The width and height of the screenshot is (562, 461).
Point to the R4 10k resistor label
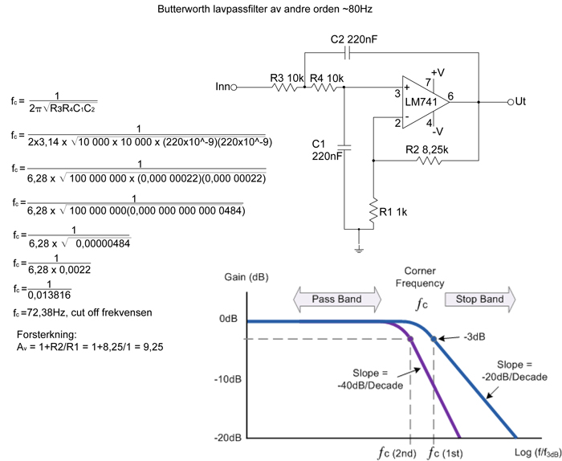point(327,78)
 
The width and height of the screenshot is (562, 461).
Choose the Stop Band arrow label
point(480,300)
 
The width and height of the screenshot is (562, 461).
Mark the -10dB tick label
point(227,379)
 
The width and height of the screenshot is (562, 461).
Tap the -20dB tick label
point(227,438)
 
